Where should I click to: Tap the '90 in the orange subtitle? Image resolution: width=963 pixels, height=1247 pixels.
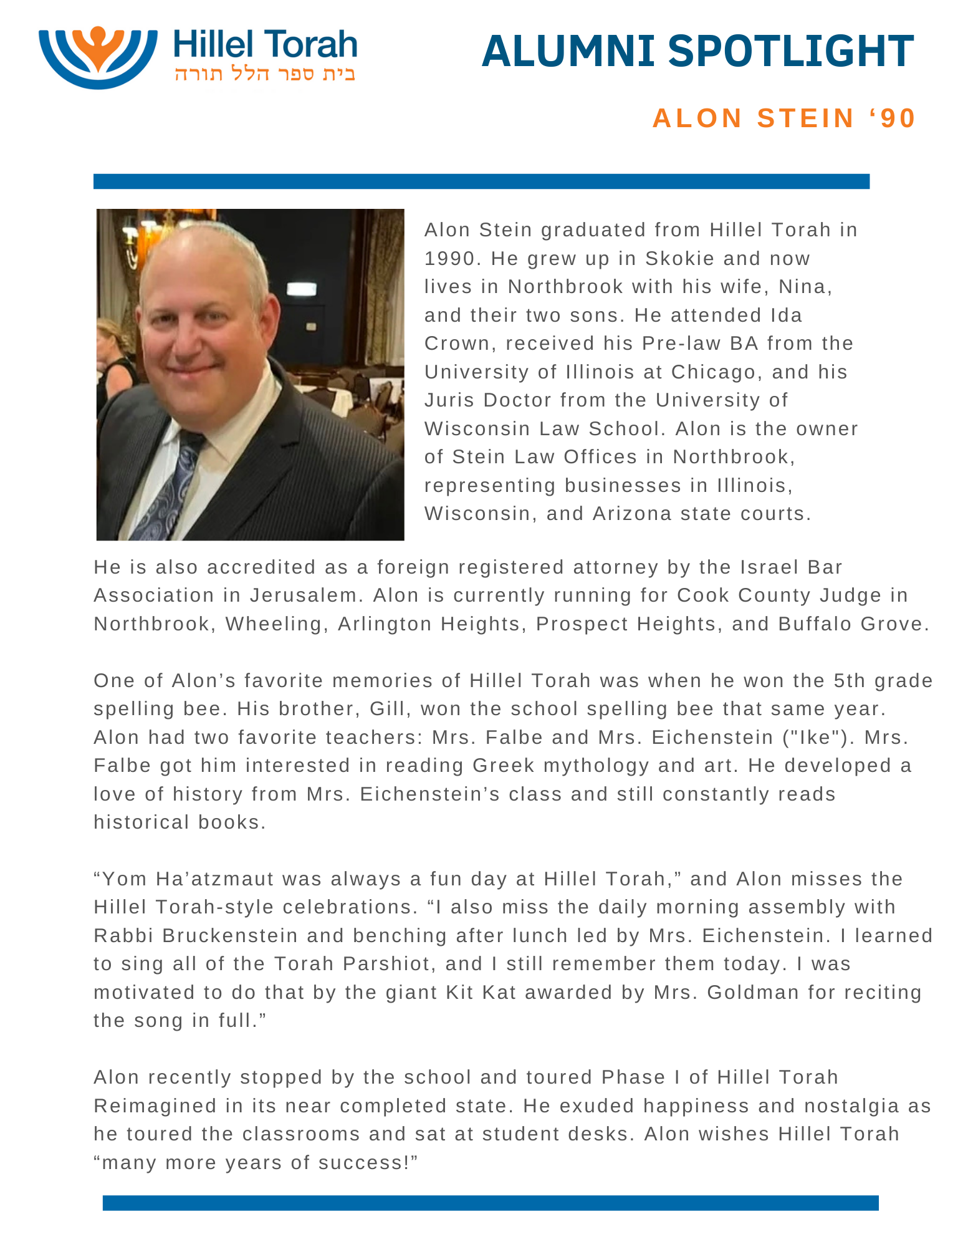[892, 118]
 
